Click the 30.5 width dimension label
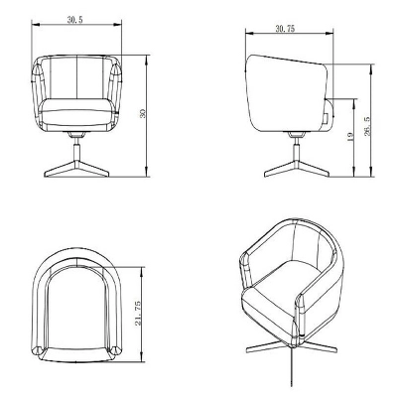coord(75,20)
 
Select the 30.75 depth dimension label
coord(285,31)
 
